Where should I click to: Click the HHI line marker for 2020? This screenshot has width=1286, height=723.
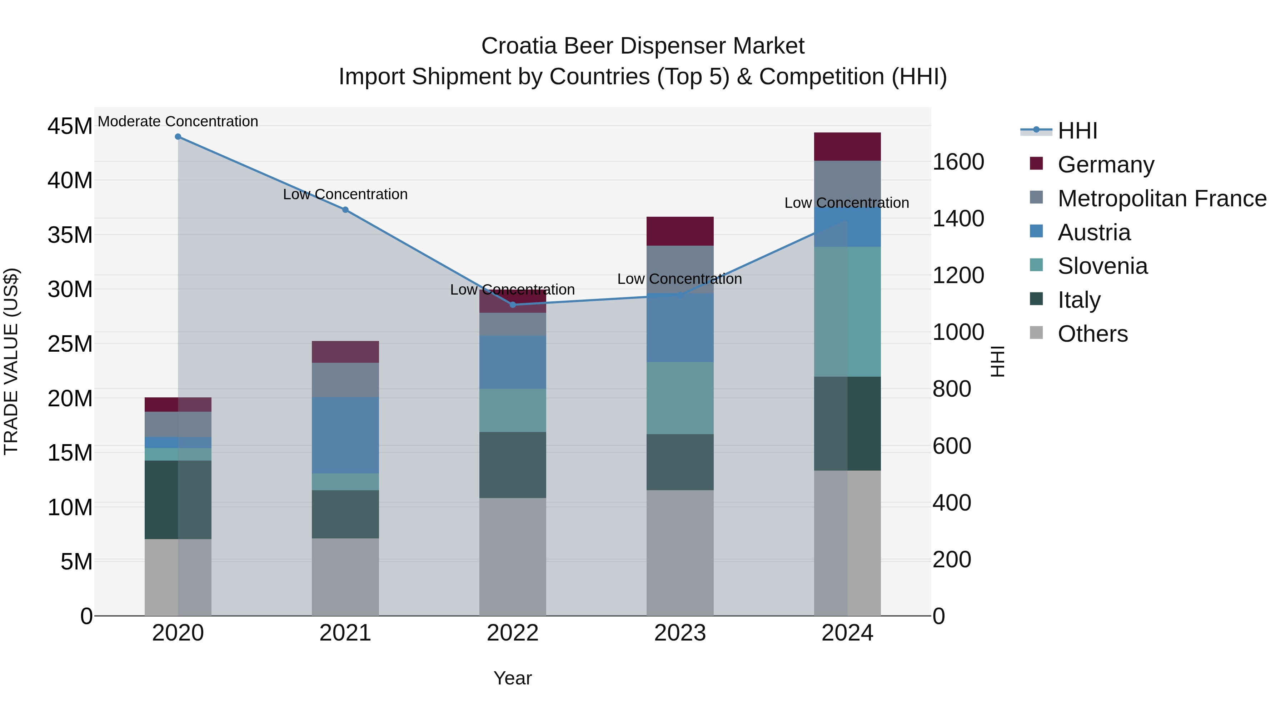pos(178,137)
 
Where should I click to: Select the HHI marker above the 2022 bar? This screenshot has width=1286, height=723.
pos(513,304)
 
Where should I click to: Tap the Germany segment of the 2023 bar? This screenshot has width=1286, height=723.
pos(680,231)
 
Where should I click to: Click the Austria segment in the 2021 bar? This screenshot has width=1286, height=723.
pos(345,435)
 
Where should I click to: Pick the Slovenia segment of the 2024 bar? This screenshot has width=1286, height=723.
pos(847,311)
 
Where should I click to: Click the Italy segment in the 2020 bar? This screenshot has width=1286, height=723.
pos(178,499)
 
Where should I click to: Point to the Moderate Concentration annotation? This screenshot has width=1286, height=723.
pos(178,121)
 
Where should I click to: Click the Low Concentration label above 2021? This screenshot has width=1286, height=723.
pos(345,194)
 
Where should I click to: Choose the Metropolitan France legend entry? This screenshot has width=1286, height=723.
pos(1162,199)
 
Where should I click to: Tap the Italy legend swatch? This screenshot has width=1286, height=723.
pos(1036,299)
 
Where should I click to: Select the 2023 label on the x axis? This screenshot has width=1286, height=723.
pos(680,633)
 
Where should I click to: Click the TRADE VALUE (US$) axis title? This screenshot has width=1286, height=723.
pos(11,361)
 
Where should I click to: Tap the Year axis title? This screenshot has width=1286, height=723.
pos(513,678)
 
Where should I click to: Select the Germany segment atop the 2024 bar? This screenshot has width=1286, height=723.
pos(847,147)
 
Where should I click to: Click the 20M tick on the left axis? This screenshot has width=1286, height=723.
pos(70,398)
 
